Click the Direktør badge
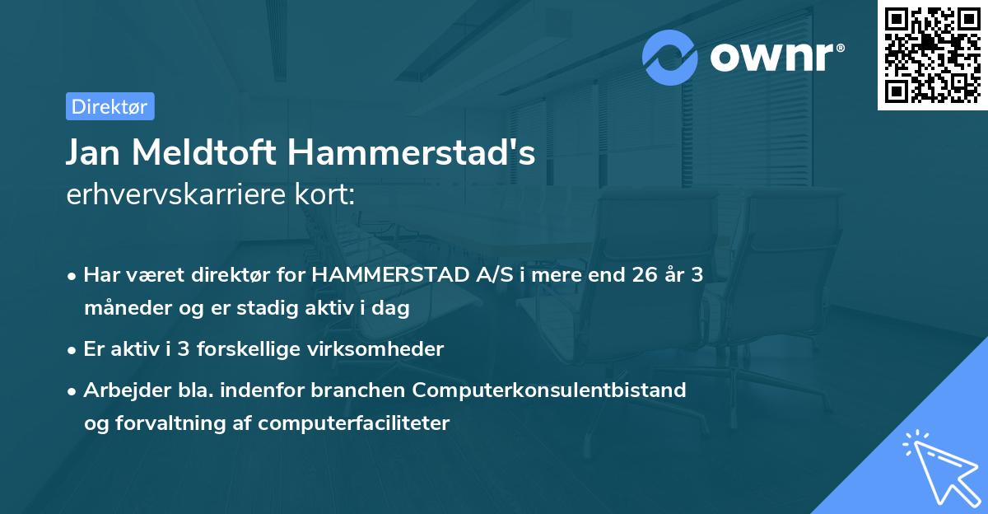click(x=110, y=106)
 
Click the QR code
click(x=932, y=54)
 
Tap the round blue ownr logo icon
click(x=670, y=58)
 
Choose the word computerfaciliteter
click(x=353, y=423)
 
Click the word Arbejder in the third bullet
click(x=120, y=390)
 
